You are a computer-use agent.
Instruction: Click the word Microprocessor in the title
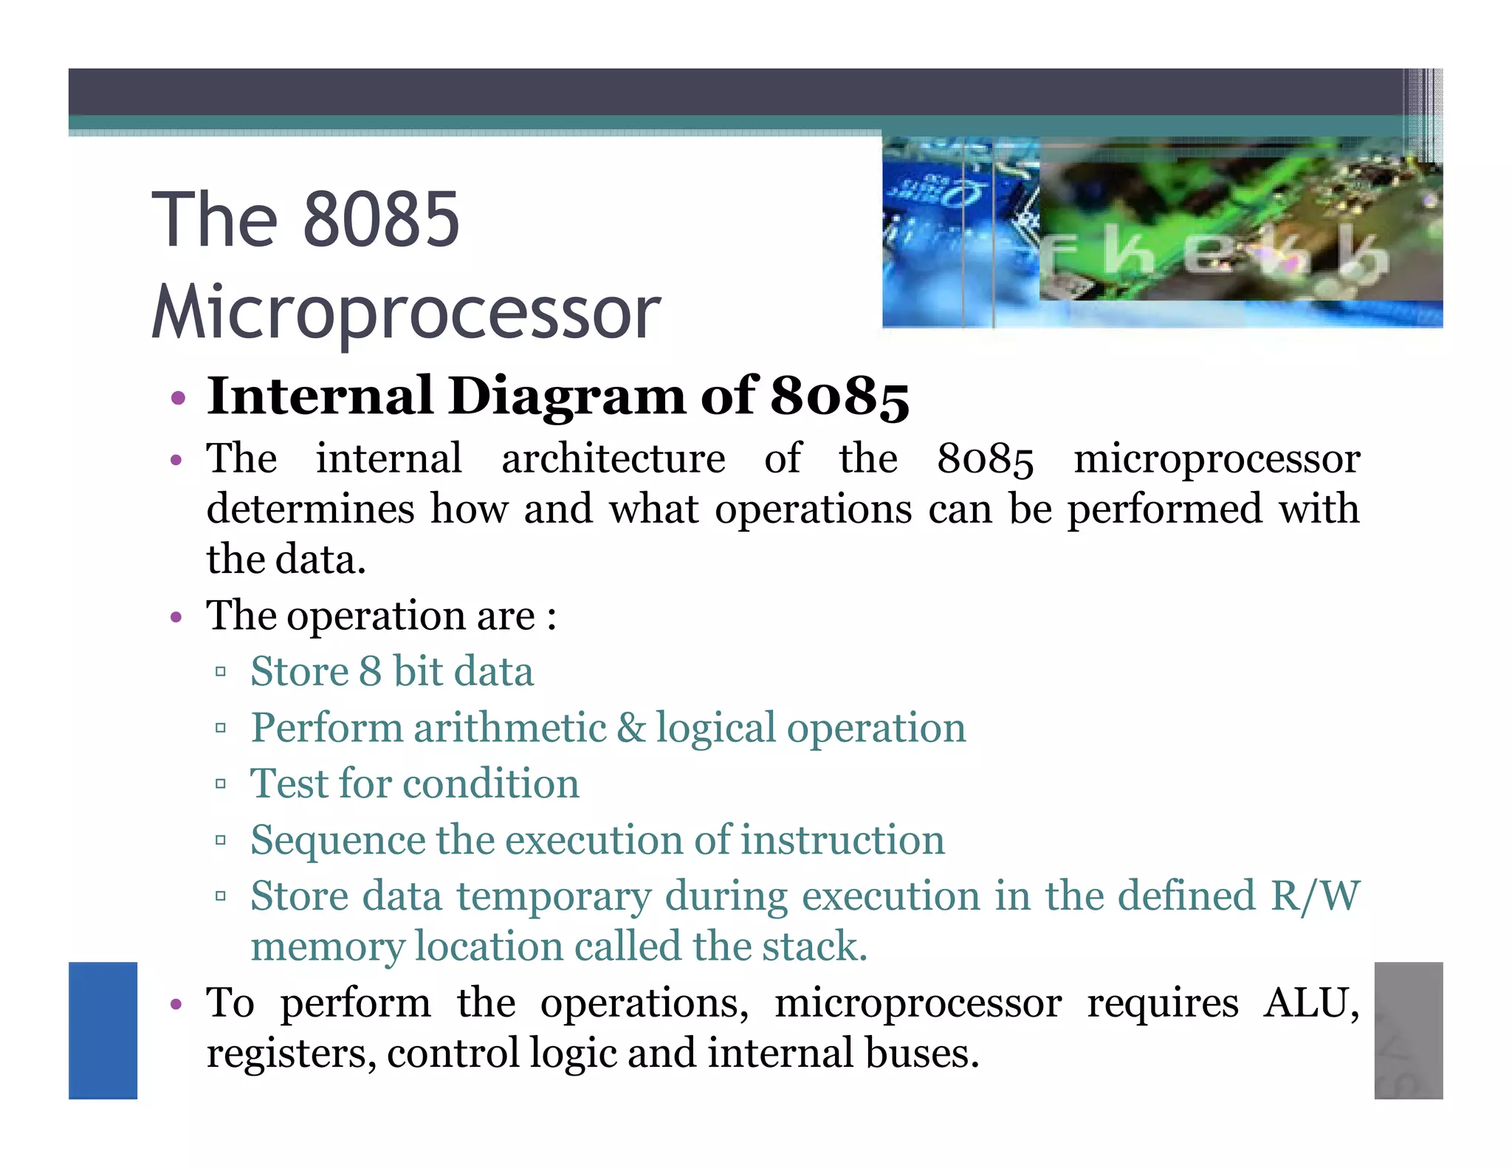click(406, 314)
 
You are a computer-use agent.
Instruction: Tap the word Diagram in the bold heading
click(567, 396)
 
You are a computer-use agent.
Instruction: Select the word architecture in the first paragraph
click(613, 458)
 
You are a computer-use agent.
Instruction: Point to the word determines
click(310, 509)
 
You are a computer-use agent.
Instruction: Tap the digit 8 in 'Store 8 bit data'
click(370, 672)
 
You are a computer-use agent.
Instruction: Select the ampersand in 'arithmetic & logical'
click(630, 728)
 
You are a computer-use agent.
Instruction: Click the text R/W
click(1314, 896)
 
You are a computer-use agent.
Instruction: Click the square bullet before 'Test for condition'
click(220, 784)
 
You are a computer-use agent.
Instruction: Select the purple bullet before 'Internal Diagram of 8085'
click(177, 399)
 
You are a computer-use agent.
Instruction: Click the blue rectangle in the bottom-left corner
click(103, 1030)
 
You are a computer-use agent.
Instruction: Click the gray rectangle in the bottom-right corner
click(1408, 1030)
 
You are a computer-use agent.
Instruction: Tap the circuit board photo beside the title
click(1162, 233)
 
